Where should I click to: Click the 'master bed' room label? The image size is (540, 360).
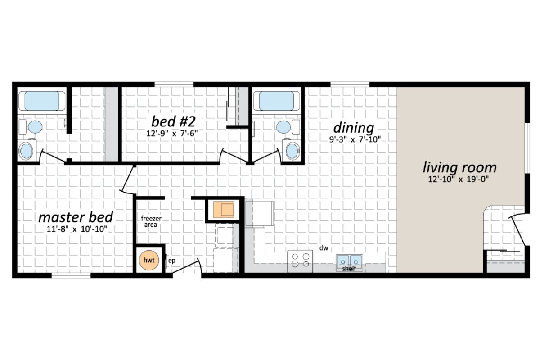(x=75, y=217)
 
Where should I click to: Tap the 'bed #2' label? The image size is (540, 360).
(x=173, y=121)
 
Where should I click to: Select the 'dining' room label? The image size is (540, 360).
(x=354, y=127)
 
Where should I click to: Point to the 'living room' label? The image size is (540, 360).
(x=459, y=167)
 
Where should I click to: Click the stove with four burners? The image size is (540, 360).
(x=300, y=261)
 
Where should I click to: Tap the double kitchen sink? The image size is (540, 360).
(x=349, y=260)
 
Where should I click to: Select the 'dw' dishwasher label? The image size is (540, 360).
(x=323, y=248)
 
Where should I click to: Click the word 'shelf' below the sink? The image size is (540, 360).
(x=349, y=269)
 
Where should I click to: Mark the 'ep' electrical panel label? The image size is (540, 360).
(x=171, y=260)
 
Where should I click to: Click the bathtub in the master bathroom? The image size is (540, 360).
(x=41, y=101)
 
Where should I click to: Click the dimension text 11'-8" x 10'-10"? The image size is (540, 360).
(x=75, y=229)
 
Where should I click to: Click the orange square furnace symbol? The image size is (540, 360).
(x=223, y=209)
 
